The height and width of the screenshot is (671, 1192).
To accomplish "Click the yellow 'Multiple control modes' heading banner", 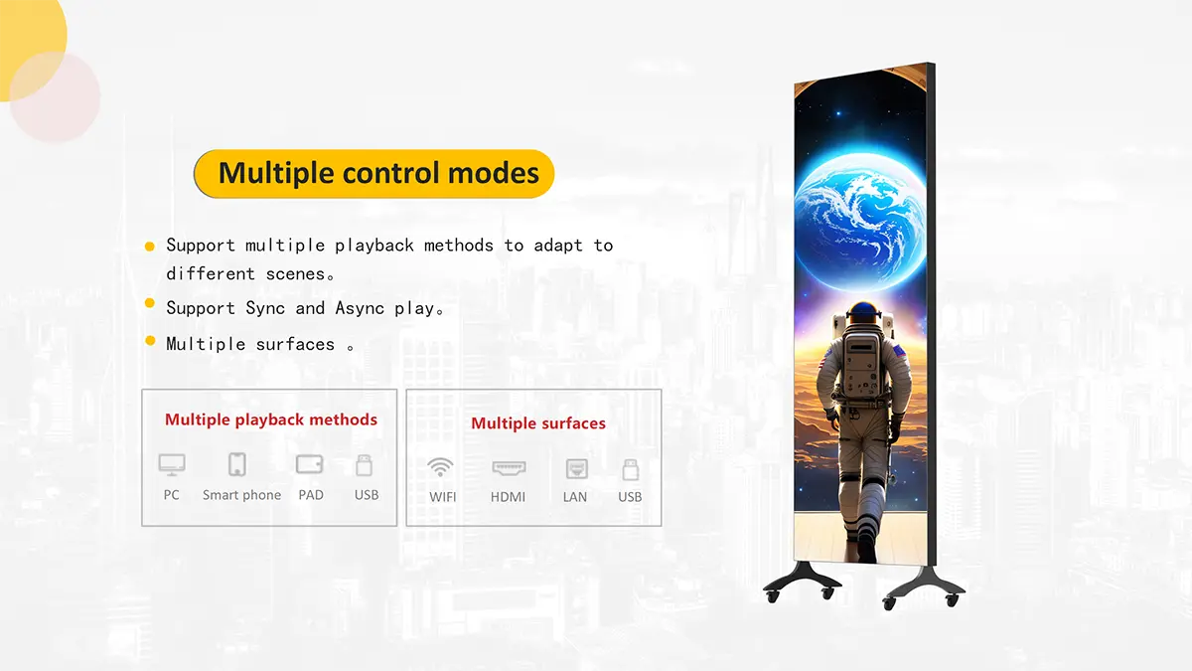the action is point(374,174).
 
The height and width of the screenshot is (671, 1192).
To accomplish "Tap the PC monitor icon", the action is point(172,465).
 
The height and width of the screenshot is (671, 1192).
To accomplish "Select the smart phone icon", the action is point(236,464).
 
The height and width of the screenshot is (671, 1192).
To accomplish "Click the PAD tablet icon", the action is point(310,464).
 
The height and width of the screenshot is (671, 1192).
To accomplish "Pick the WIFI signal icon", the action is point(441,467).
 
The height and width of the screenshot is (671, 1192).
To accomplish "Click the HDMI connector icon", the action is point(509,467).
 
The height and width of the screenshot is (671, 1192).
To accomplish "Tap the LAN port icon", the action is point(577,469).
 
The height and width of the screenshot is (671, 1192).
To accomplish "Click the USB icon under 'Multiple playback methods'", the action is point(364,465).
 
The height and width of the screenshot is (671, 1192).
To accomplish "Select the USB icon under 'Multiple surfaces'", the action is point(631,469).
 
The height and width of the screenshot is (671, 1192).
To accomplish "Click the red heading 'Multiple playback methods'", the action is point(271,419).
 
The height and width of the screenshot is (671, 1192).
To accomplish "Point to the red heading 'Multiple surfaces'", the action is point(538,423).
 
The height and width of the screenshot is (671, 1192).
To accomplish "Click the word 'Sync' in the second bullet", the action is point(265,308).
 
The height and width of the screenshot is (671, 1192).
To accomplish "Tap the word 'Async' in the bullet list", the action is point(360,308).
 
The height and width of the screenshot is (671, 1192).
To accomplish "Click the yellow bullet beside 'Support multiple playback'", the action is point(150,247).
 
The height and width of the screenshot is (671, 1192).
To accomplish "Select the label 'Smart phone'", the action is point(241,495).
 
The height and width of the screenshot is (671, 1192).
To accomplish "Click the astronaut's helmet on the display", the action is point(863,314).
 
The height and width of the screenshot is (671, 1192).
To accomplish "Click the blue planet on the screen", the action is point(860,222).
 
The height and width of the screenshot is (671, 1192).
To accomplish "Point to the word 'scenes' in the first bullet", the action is point(295,274).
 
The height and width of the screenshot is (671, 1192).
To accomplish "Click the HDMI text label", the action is point(508,497).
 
